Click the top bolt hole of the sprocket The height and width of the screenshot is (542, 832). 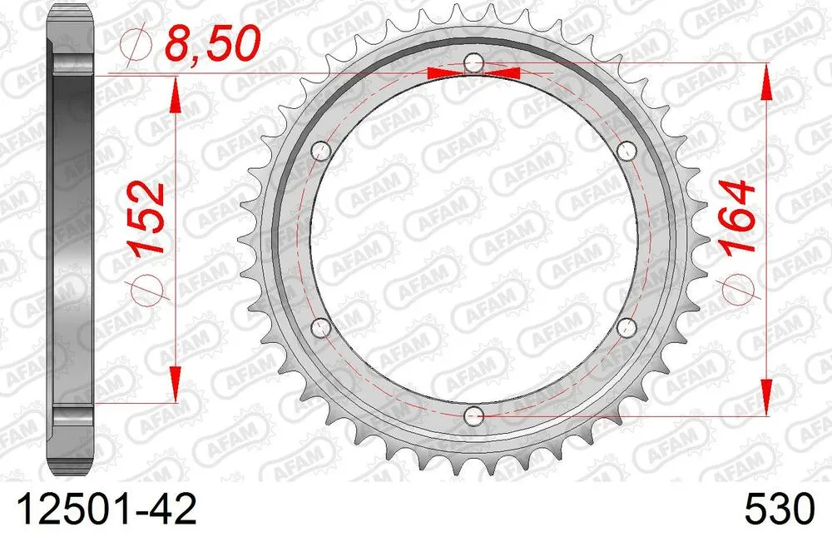pos(473,62)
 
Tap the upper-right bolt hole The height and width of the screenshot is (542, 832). pos(627,150)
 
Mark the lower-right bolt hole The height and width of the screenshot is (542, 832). pos(627,325)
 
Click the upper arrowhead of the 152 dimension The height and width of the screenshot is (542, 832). pos(175,94)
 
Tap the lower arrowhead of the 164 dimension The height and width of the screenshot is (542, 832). pos(765,395)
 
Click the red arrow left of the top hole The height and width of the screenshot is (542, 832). pos(444,73)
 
